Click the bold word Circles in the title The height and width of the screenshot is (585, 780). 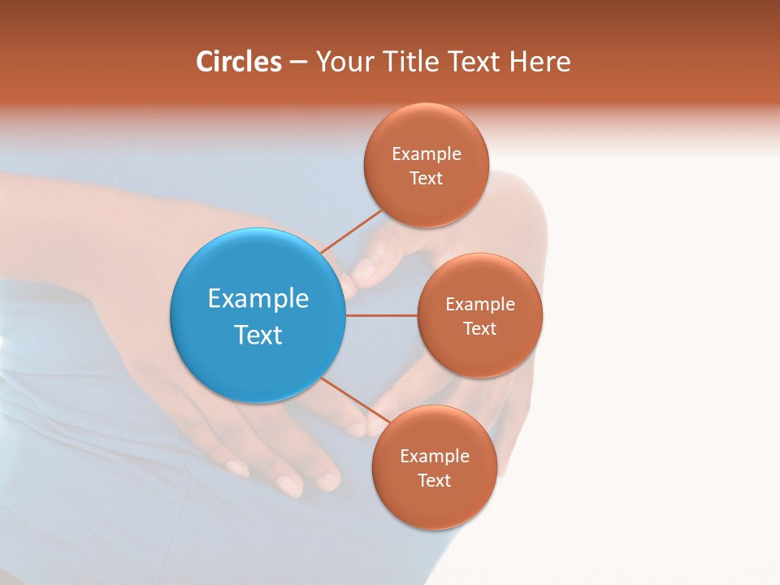(x=239, y=62)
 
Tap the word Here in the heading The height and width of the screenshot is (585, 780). (x=539, y=62)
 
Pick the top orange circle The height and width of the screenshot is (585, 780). (x=427, y=199)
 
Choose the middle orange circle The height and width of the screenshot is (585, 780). (x=480, y=353)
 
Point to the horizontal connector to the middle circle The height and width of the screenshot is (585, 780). (x=381, y=315)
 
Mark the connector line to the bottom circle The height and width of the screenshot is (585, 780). (x=348, y=400)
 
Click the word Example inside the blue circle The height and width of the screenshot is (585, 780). (x=258, y=298)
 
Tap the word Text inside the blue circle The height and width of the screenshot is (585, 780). (x=258, y=335)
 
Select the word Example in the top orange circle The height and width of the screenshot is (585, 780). (x=427, y=154)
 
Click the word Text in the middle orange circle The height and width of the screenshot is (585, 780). (x=480, y=328)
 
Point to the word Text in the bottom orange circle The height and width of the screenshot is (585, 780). (x=435, y=480)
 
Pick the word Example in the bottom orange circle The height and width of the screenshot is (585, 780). (x=435, y=456)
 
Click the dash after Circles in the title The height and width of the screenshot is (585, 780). (x=298, y=63)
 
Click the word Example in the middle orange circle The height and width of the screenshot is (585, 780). (x=480, y=304)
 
